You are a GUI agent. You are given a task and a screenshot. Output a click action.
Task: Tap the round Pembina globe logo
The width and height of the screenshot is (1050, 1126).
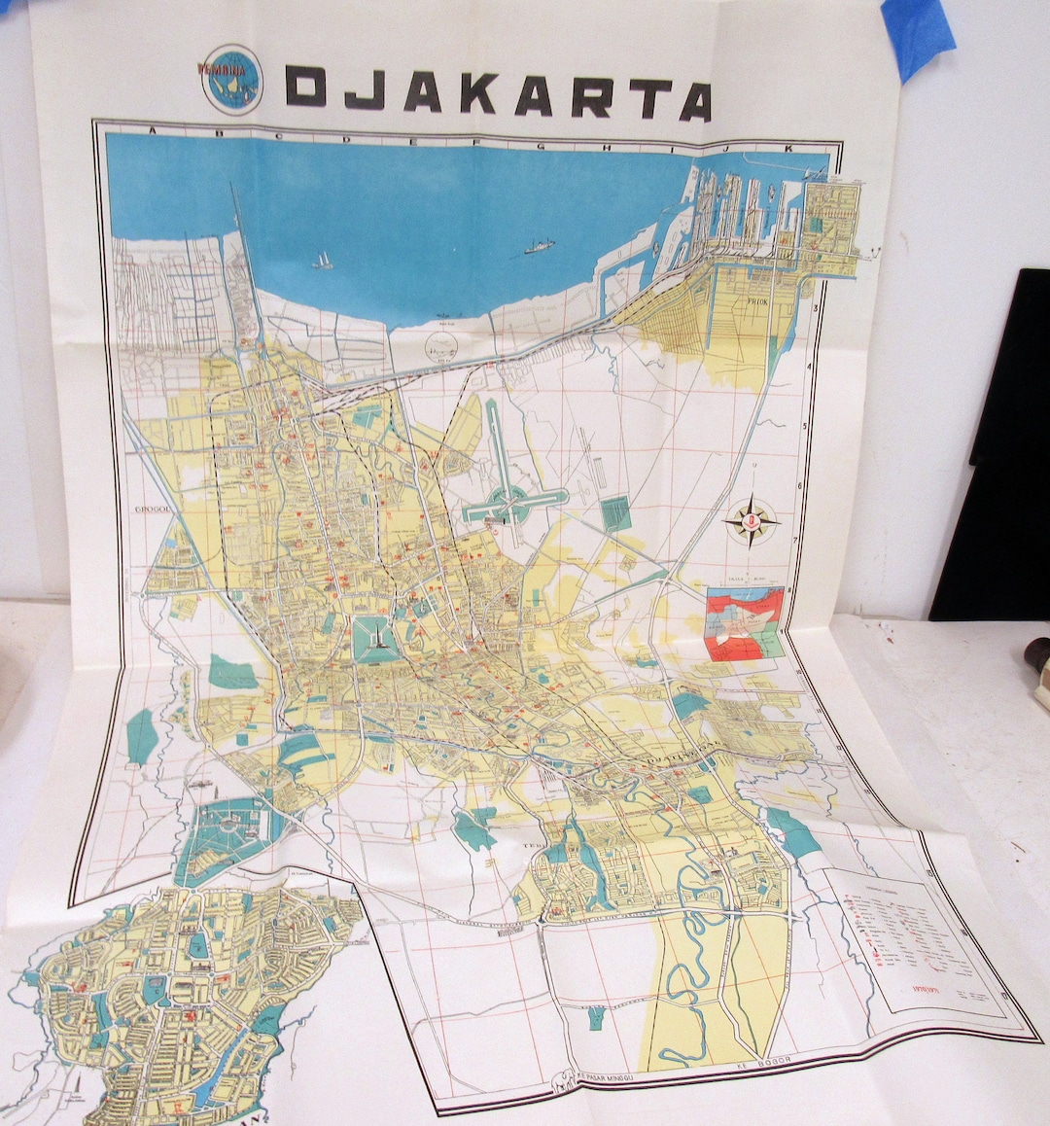[231, 79]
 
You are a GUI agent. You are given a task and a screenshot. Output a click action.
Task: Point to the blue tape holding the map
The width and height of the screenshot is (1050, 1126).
[919, 35]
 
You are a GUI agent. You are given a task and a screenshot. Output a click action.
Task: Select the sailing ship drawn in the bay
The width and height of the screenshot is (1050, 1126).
[322, 261]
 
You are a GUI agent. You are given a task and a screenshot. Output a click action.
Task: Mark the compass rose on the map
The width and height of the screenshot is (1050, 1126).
[752, 522]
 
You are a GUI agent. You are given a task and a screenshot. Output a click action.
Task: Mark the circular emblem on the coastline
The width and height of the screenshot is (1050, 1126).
[441, 343]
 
